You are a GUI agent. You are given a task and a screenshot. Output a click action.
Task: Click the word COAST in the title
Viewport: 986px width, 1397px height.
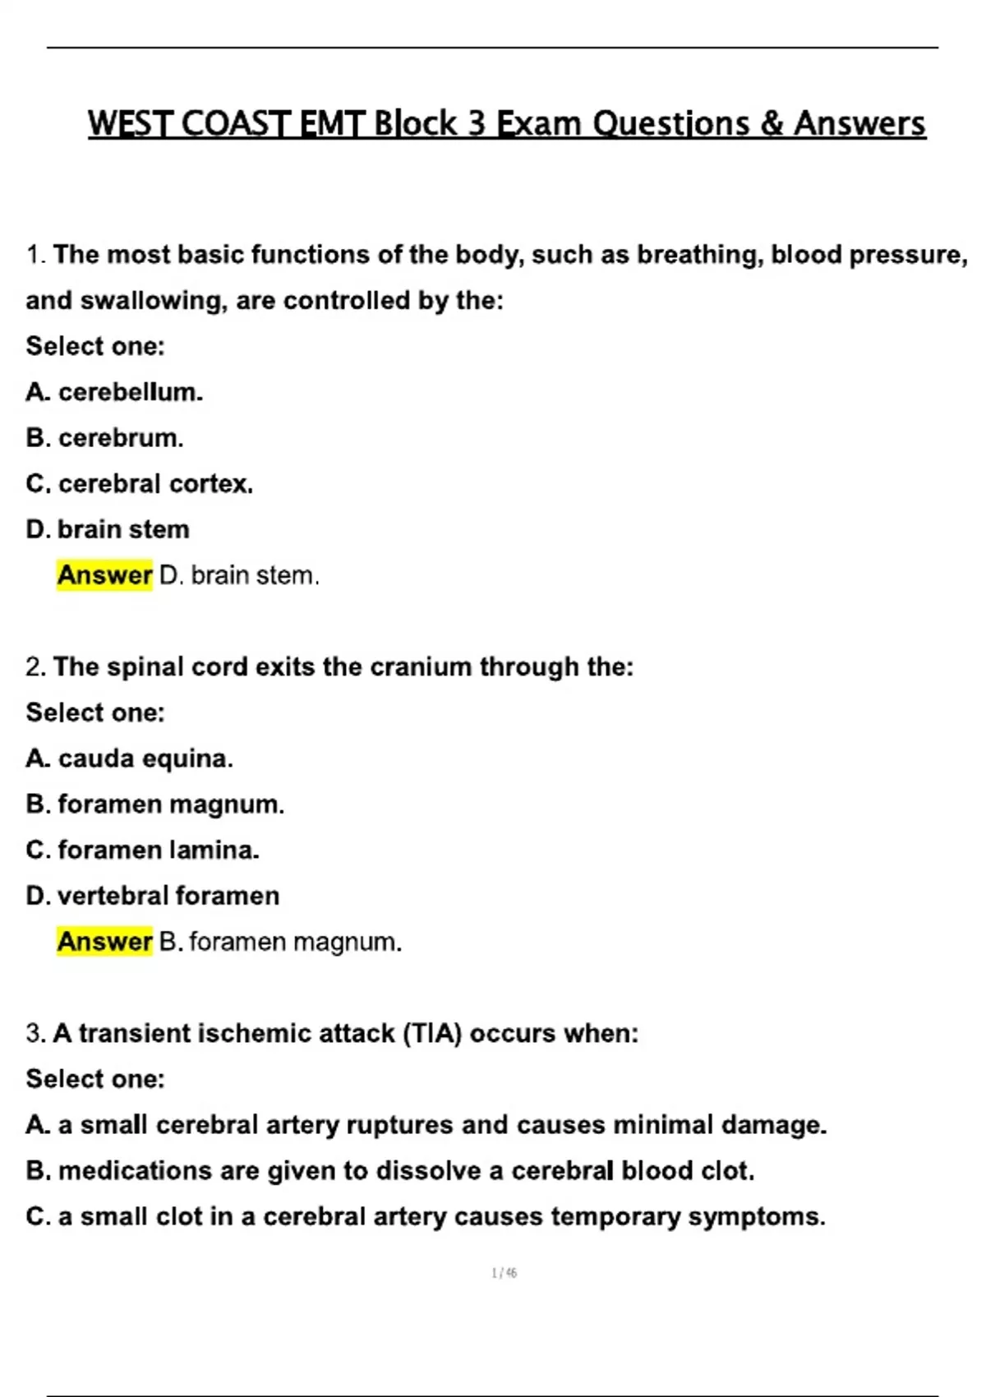(x=235, y=124)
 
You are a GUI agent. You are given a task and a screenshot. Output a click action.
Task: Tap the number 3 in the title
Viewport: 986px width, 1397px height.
(x=477, y=124)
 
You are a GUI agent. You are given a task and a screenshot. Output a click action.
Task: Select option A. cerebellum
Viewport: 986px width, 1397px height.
(x=114, y=392)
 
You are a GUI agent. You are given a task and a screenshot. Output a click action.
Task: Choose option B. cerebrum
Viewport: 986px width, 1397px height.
(x=104, y=438)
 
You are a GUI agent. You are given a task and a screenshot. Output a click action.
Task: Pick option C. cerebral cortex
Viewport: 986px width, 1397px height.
(x=140, y=484)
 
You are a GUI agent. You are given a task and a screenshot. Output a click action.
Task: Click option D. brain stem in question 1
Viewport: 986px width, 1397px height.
(x=108, y=529)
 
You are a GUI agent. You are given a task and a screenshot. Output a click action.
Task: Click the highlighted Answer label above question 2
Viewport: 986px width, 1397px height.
(x=104, y=575)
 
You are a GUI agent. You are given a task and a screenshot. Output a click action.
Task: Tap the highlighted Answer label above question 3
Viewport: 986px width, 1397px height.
(x=104, y=942)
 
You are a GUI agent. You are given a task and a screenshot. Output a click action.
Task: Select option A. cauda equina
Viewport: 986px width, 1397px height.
(x=130, y=758)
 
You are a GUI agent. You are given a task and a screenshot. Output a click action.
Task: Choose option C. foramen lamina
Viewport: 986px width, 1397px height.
(x=143, y=850)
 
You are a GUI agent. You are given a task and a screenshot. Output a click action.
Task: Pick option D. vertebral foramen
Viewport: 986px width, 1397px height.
(x=153, y=896)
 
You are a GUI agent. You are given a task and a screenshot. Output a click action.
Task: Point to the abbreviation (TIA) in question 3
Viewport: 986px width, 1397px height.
(x=433, y=1033)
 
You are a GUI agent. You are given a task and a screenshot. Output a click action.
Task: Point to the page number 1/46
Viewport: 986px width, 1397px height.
(x=504, y=1273)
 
